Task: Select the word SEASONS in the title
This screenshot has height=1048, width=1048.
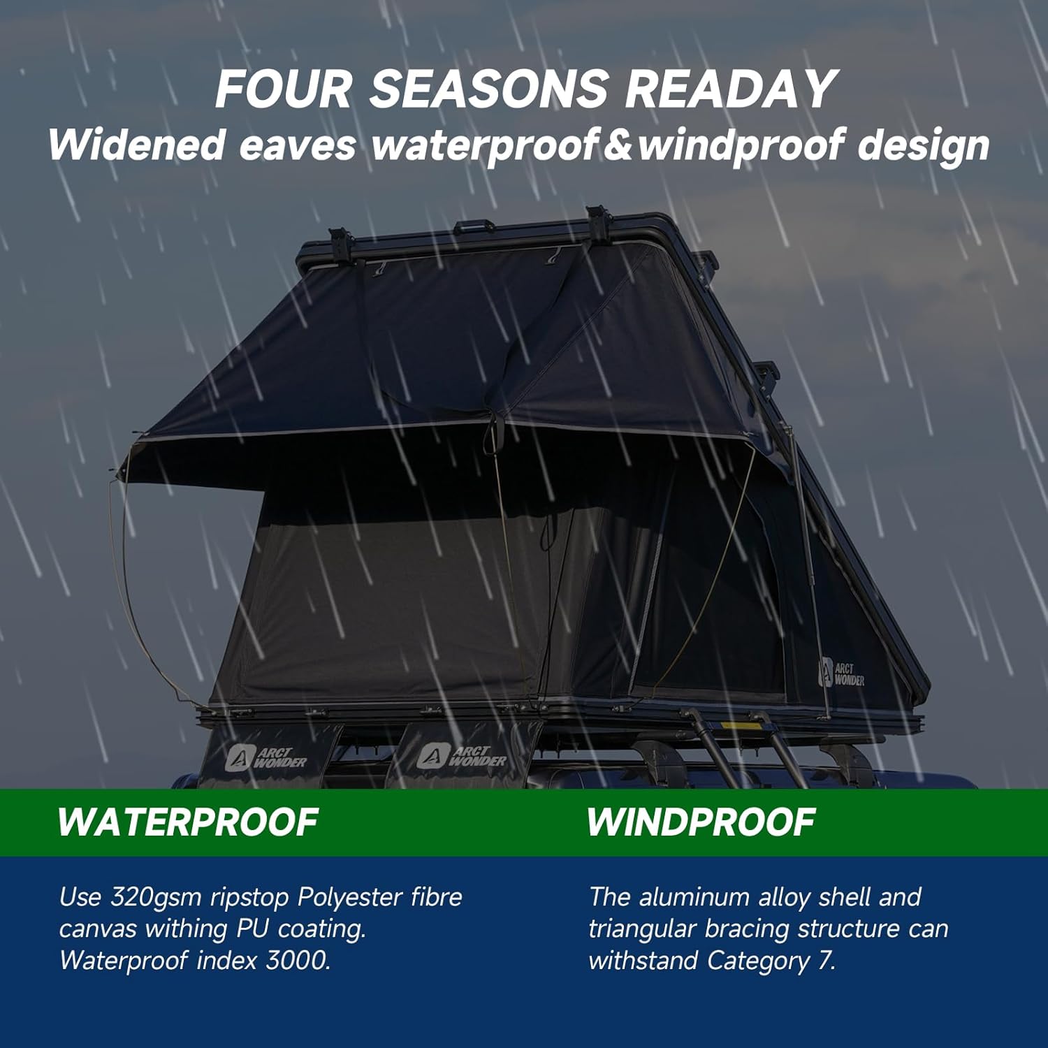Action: (488, 89)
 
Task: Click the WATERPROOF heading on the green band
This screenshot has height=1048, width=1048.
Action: (188, 822)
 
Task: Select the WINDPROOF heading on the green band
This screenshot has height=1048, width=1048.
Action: (701, 822)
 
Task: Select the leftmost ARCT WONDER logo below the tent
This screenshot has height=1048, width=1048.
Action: (266, 757)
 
